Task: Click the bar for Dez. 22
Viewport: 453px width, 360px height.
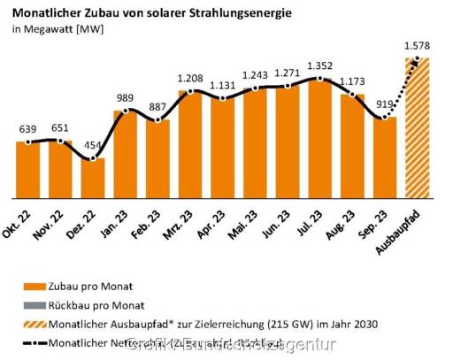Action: (93, 178)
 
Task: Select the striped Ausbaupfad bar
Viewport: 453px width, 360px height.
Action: (417, 128)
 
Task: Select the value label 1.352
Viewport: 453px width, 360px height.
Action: (320, 65)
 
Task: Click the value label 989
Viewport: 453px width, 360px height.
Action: (127, 96)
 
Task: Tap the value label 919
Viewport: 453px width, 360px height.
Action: (383, 103)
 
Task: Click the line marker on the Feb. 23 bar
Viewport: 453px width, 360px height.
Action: (158, 120)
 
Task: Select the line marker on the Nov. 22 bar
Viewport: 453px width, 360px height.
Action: (60, 140)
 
